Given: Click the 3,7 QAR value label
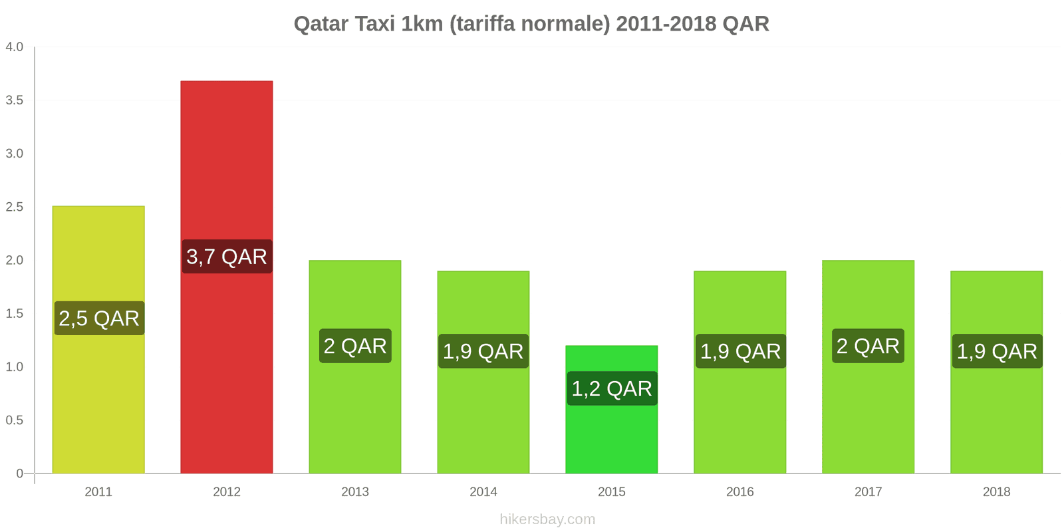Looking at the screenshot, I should (227, 257).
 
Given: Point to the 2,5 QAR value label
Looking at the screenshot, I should (99, 319).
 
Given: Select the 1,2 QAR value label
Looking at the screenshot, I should (612, 388).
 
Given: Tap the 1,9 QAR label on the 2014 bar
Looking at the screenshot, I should (483, 351).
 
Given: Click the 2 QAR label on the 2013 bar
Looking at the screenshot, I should (355, 346).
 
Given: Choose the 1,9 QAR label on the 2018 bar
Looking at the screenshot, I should (996, 351).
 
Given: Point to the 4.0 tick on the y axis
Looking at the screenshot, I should (15, 47).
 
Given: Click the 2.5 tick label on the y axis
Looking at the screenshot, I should (15, 207).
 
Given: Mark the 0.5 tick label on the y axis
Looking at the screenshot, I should (15, 420).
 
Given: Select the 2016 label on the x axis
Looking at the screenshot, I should (739, 492).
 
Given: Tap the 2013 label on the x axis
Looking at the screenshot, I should (355, 492).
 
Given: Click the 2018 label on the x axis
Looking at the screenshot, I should (996, 492).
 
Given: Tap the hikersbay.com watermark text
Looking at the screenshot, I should (547, 519).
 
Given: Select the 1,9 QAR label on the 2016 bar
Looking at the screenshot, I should (740, 351).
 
